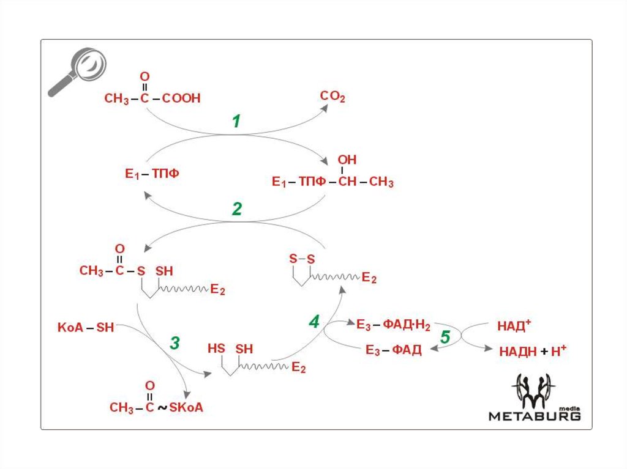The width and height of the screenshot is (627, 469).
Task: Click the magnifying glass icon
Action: pos(78,71)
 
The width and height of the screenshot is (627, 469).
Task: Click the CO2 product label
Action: pos(333,97)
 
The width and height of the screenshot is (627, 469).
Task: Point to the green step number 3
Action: pos(175,344)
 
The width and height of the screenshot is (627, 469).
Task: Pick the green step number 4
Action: pos(314,322)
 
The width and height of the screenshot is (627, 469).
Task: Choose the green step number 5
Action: pos(446,338)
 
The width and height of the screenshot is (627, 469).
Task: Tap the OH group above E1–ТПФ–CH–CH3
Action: pos(347,160)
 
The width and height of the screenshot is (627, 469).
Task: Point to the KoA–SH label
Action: pos(86,327)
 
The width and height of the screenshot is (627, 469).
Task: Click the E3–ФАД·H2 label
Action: pos(394,325)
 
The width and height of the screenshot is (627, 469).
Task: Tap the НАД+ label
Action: pos(508,326)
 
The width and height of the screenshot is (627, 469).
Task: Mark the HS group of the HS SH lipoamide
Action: pos(216,349)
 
